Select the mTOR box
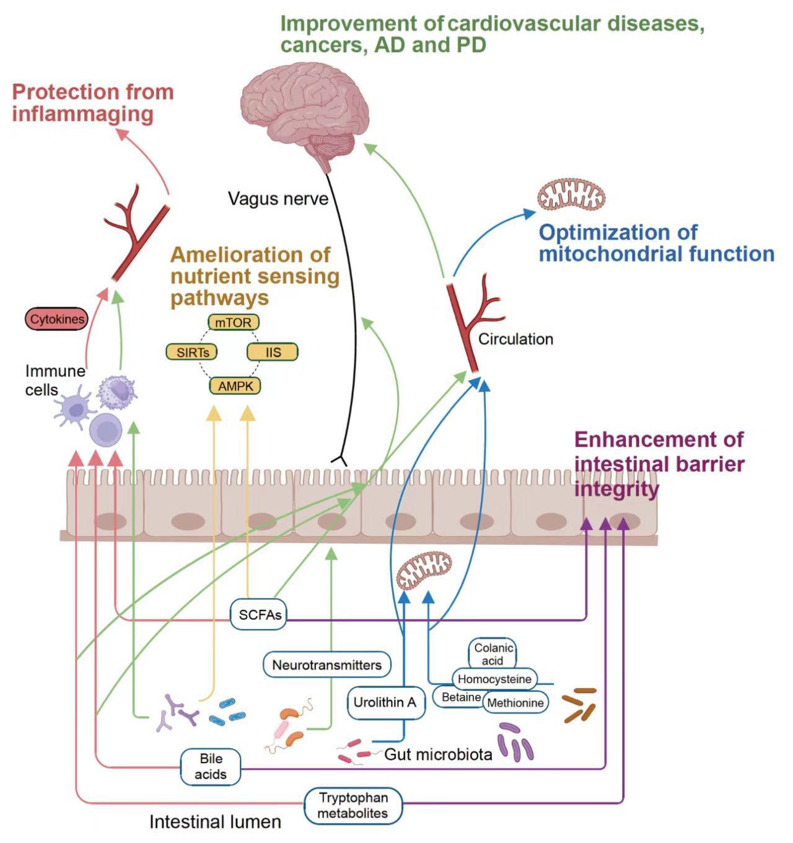pyautogui.click(x=233, y=323)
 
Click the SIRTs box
pyautogui.click(x=193, y=352)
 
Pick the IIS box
pyautogui.click(x=273, y=352)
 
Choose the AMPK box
pyautogui.click(x=235, y=386)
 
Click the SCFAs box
pyautogui.click(x=260, y=614)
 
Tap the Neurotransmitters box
pyautogui.click(x=326, y=665)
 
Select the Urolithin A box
pyautogui.click(x=385, y=702)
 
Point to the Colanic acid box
pyautogui.click(x=493, y=653)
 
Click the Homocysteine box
pyautogui.click(x=494, y=679)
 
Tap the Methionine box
pyautogui.click(x=515, y=702)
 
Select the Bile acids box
pyautogui.click(x=211, y=767)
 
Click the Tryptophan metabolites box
pyautogui.click(x=353, y=805)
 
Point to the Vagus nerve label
pyautogui.click(x=278, y=199)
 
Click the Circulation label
pyautogui.click(x=515, y=339)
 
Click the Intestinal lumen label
pyautogui.click(x=215, y=822)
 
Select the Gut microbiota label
pyautogui.click(x=438, y=754)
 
